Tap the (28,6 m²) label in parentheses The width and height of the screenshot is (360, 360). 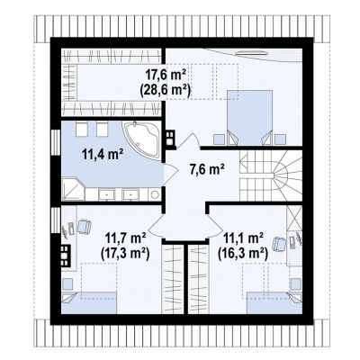pos(166,90)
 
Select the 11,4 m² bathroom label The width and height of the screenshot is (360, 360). pos(103,155)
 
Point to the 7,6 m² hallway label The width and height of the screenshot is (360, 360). pos(207,170)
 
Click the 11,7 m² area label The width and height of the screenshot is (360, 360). pos(125,239)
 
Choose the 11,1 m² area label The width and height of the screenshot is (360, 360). pos(243,238)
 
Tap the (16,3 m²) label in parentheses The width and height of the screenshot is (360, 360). pos(242,254)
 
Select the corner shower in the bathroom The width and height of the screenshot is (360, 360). pos(73,189)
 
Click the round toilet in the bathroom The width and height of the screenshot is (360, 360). pos(155,194)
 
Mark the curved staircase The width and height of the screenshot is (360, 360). pos(271,175)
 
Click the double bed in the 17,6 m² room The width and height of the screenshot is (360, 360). pos(249,118)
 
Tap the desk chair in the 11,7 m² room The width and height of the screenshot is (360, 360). pos(85,226)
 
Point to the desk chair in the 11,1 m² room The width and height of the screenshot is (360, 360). pos(280,243)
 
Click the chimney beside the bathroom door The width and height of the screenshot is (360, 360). pos(170,139)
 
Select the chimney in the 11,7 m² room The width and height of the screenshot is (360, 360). pos(66,256)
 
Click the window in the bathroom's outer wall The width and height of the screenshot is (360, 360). pos(55,142)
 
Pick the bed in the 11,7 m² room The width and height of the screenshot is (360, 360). pos(89,302)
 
